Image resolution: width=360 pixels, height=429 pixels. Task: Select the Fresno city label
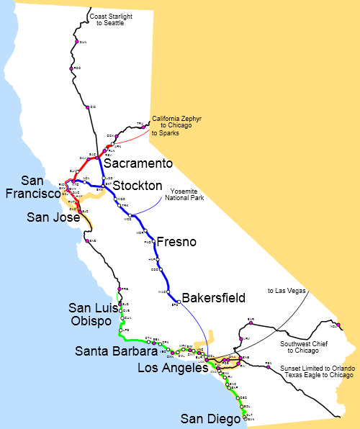click(176, 242)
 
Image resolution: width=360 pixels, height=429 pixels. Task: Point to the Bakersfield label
click(214, 297)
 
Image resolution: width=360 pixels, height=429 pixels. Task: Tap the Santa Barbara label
click(115, 352)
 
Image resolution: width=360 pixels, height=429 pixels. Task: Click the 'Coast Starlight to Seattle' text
click(105, 19)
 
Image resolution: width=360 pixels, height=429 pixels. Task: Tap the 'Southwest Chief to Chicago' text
click(303, 347)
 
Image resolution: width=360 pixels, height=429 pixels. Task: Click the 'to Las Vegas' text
click(287, 291)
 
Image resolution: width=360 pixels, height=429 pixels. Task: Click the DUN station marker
click(76, 42)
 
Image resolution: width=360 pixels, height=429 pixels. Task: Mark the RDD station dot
click(71, 68)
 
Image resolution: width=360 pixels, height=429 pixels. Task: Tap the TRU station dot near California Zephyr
click(146, 125)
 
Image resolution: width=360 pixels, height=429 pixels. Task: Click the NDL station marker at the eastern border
click(339, 325)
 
